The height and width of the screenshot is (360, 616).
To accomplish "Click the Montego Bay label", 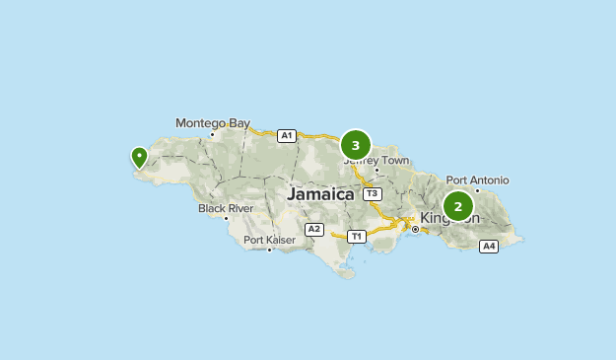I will click(x=213, y=123).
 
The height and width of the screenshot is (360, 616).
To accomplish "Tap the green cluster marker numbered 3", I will click(x=356, y=145).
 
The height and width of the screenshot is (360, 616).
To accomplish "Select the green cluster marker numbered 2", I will click(x=458, y=206).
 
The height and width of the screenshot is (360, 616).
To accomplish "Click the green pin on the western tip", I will click(x=139, y=157).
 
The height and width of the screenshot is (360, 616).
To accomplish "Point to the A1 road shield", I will click(x=286, y=135).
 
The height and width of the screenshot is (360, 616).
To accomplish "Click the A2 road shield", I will click(x=314, y=229).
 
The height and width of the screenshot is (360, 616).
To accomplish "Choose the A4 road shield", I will click(x=489, y=246).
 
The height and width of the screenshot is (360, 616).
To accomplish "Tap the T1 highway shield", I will click(x=357, y=236).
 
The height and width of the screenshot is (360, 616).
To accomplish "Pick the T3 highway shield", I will click(x=372, y=194).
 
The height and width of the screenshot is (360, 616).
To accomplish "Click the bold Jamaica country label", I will click(x=320, y=194).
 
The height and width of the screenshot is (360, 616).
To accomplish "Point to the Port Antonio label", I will click(x=477, y=180).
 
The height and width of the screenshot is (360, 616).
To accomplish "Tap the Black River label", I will click(x=226, y=208).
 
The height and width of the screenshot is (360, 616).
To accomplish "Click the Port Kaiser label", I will click(x=269, y=240).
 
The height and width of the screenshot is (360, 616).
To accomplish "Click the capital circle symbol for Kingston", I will click(x=416, y=229).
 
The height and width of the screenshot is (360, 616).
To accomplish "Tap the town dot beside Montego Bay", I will click(x=212, y=134).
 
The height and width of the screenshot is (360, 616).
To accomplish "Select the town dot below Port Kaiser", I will click(x=269, y=250).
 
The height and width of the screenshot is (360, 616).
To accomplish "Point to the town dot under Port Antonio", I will click(x=477, y=190).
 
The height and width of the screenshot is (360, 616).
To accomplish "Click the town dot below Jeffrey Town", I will click(x=376, y=170).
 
